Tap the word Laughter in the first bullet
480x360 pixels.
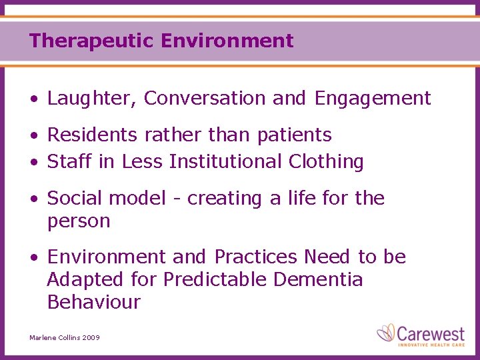pyautogui.click(x=90, y=99)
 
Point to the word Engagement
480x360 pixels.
pyautogui.click(x=373, y=99)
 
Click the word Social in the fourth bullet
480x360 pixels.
pyautogui.click(x=74, y=198)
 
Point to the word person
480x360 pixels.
pyautogui.click(x=79, y=222)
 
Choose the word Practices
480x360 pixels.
pyautogui.click(x=256, y=257)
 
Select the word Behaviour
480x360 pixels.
pyautogui.click(x=94, y=302)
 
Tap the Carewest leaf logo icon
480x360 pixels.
pyautogui.click(x=386, y=332)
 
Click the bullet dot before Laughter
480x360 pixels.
pyautogui.click(x=33, y=100)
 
